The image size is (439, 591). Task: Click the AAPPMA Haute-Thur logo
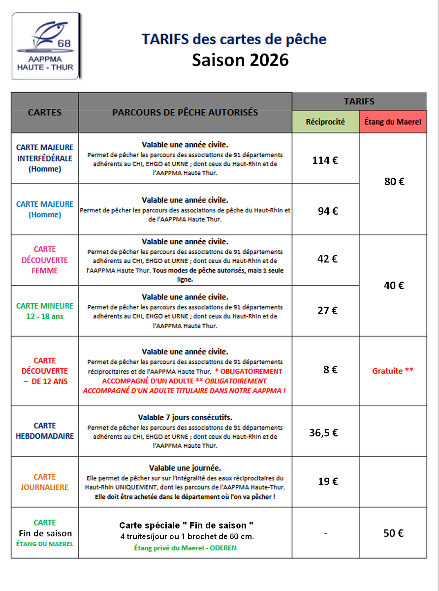(x=45, y=46)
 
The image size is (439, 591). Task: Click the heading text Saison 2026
(x=240, y=60)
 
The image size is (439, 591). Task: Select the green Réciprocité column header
(x=325, y=122)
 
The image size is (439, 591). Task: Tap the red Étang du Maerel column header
(x=393, y=122)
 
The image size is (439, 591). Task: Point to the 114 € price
(x=325, y=160)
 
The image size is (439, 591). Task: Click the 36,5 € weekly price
(x=323, y=433)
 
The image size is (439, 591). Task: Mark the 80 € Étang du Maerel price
(x=394, y=182)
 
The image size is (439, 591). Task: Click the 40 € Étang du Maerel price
(x=394, y=285)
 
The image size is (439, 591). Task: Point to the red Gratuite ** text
(x=393, y=371)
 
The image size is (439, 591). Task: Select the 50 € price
(x=393, y=533)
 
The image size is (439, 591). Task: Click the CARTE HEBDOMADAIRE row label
(x=45, y=431)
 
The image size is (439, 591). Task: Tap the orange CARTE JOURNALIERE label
(x=45, y=482)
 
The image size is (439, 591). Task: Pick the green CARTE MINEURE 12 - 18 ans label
(x=45, y=311)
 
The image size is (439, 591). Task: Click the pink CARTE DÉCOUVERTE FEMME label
(x=44, y=260)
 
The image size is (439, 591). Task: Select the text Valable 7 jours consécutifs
(x=185, y=417)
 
